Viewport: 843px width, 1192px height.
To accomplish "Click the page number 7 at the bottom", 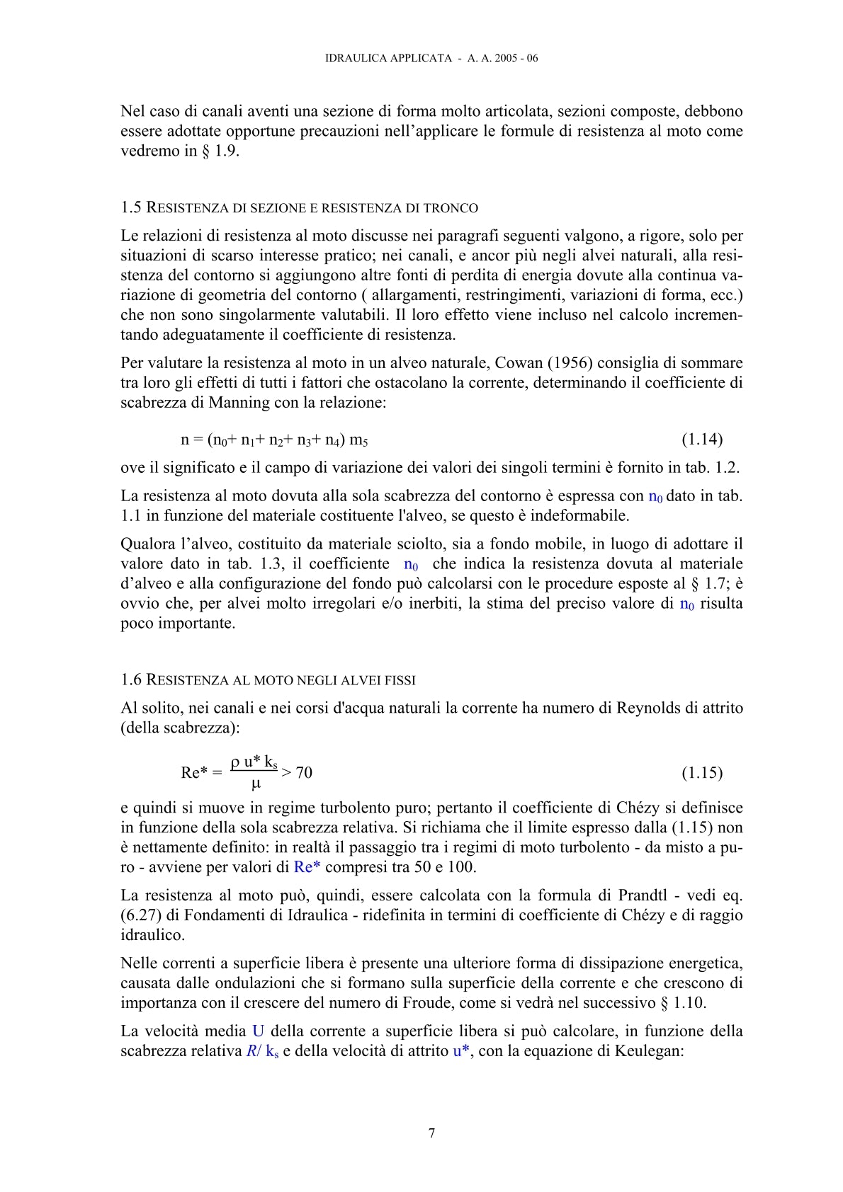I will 432,1133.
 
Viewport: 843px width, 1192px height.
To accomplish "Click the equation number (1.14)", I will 702,440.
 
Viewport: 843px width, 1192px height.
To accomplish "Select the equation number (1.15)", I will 702,772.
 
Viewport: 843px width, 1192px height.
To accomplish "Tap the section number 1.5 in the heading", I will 132,207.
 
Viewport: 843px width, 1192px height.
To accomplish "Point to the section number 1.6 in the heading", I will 132,680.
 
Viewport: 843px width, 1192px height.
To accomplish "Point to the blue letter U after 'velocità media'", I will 258,1031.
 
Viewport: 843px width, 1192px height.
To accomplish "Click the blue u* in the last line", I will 462,1051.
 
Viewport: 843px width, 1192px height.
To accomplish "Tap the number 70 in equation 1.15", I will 304,772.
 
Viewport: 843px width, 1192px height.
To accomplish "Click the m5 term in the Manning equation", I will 358,440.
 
